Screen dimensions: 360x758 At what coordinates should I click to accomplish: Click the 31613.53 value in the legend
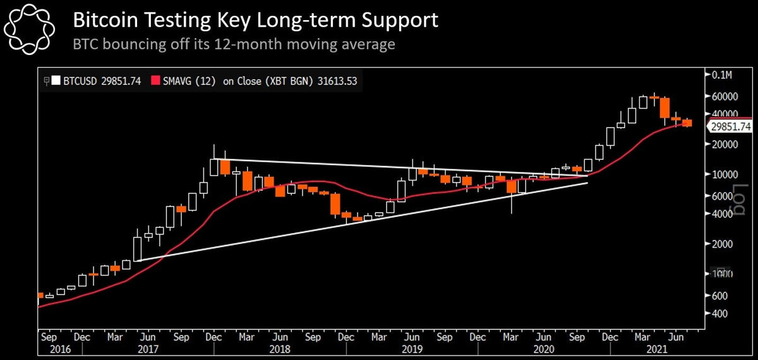(339, 81)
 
